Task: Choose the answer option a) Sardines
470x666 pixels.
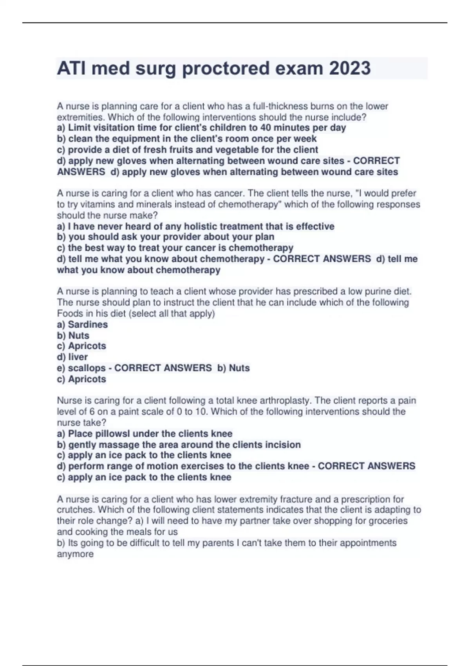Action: point(82,324)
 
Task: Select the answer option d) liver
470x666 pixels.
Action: point(72,357)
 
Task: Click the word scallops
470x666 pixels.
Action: point(87,368)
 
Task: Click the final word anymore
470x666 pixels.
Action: point(75,554)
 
